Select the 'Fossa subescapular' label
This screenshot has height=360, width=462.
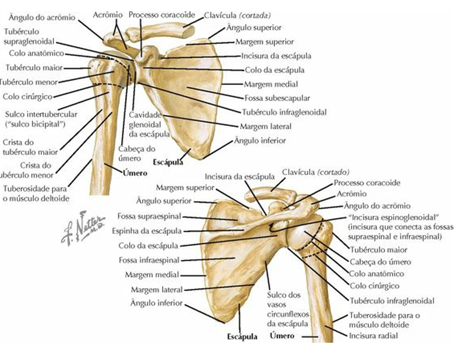point(270,98)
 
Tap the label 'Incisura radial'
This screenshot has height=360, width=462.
point(374,336)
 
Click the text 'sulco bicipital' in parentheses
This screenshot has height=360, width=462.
point(35,124)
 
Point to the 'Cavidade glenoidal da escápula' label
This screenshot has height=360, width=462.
point(150,124)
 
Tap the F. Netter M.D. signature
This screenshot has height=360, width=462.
point(81,230)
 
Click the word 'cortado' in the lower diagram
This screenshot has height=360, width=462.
point(333,172)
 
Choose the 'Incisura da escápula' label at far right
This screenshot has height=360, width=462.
point(276,55)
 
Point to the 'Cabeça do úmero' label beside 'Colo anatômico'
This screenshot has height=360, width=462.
point(380,262)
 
